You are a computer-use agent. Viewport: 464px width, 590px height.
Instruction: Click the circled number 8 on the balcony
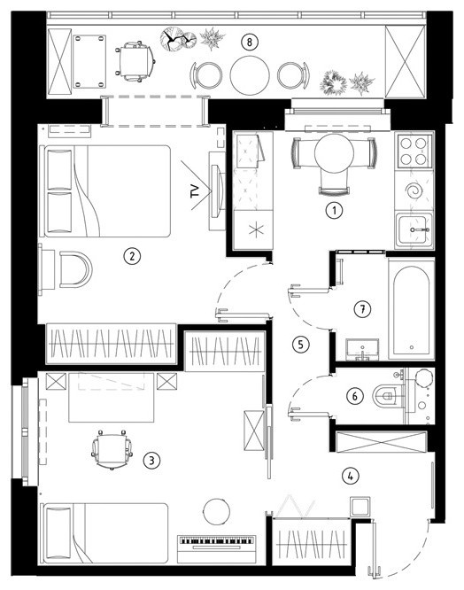coord(250,42)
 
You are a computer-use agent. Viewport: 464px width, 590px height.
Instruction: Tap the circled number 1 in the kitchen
coord(334,210)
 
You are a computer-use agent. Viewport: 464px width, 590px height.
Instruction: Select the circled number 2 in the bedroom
coord(132,256)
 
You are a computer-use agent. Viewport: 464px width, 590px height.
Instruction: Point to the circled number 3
coord(152,460)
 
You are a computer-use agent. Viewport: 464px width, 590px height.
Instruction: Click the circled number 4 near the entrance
coord(351,476)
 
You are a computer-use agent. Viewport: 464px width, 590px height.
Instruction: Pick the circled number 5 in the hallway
coord(300,344)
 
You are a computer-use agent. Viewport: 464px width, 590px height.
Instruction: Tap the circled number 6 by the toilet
coord(355,396)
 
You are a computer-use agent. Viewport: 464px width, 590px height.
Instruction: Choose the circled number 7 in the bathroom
coord(362,309)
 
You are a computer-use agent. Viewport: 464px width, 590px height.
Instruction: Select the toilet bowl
coord(387,396)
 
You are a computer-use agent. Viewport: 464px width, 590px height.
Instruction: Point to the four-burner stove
coord(414,151)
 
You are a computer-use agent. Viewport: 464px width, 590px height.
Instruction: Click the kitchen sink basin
coord(414,229)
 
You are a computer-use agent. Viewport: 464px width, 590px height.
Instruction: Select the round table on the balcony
coord(250,75)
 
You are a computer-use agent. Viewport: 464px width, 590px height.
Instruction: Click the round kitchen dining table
coord(334,152)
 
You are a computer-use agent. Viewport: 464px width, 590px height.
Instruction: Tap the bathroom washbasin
coord(362,350)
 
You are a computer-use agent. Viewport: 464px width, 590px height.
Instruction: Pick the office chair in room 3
coord(112,449)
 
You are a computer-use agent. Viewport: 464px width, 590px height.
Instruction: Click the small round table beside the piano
coord(217,511)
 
